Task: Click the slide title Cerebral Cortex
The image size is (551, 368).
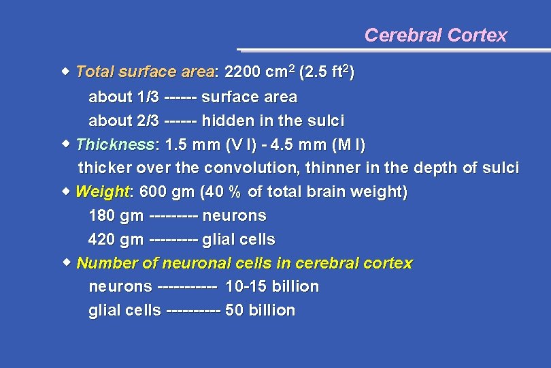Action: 435,35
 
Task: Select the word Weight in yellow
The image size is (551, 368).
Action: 102,192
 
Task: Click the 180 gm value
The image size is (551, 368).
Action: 116,216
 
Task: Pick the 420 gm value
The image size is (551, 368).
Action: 116,240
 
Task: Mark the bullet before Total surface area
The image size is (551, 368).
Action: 65,71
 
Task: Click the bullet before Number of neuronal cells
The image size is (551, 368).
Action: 65,262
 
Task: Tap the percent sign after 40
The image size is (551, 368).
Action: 235,193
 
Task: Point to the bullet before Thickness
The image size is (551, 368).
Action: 65,143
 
